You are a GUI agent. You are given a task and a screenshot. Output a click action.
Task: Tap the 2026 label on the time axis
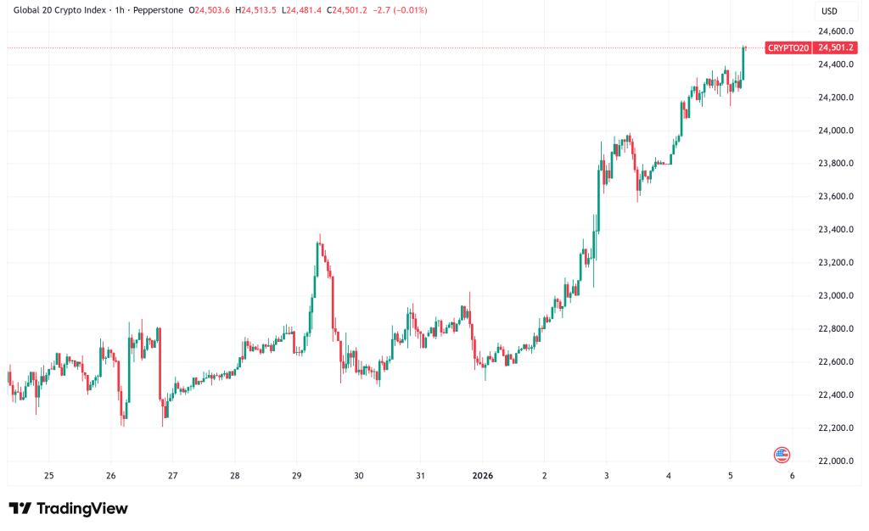coord(481,476)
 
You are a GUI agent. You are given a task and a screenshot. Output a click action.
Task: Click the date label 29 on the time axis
coord(296,476)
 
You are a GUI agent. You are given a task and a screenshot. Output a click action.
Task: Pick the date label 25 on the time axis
coord(48,476)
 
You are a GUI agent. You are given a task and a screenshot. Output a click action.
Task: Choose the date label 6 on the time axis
coord(792,476)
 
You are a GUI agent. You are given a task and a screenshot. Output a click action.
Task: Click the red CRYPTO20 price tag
coord(788,48)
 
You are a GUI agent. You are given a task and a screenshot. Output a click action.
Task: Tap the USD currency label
coord(828,11)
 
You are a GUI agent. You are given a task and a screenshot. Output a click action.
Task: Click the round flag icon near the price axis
coord(782,455)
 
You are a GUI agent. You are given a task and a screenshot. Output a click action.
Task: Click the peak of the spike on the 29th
coord(319,235)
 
